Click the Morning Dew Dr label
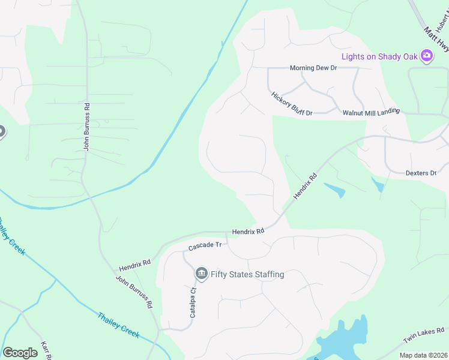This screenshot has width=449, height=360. [313, 68]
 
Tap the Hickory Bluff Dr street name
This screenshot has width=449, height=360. [292, 104]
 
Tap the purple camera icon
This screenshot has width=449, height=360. [427, 56]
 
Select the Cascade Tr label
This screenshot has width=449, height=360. [205, 246]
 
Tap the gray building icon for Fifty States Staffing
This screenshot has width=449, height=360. [201, 274]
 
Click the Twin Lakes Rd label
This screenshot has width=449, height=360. [424, 335]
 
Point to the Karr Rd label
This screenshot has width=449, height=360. [45, 350]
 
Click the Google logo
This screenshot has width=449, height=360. [20, 353]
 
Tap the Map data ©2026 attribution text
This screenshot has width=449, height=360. [423, 355]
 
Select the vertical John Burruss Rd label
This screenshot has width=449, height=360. [87, 127]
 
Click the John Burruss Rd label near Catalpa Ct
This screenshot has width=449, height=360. [134, 292]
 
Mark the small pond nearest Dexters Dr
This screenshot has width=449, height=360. [378, 185]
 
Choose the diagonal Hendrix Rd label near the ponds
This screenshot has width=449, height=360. [304, 187]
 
